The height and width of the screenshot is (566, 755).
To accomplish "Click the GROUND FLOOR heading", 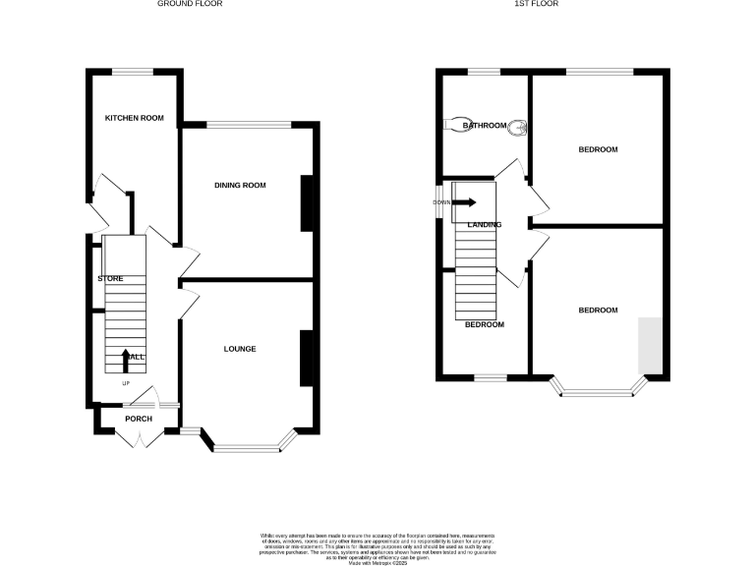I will pos(191,4).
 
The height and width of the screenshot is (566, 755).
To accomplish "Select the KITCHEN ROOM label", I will pos(135,118).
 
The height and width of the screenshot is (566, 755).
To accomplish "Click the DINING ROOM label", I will pos(241,185).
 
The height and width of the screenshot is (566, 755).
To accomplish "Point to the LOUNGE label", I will pos(240,349).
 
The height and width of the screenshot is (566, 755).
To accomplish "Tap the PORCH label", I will pos(139,419).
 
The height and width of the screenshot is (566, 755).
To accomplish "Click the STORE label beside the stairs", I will pos(110,279).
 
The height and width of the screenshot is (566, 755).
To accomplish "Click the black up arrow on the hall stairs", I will pos(125,360).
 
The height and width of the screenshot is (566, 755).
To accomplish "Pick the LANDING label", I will pos(485,224).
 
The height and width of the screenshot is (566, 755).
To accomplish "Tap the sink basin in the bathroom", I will pos(518,126).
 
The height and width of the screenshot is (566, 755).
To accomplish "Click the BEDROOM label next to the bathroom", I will pos(598,149).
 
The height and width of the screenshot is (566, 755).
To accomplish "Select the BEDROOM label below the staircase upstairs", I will pos(485,324).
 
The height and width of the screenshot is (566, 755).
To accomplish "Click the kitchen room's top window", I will pos(135,71).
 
